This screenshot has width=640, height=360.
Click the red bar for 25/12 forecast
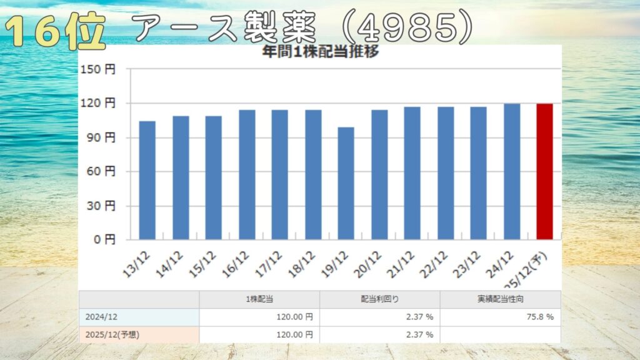pyautogui.click(x=544, y=171)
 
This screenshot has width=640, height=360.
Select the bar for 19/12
pyautogui.click(x=346, y=182)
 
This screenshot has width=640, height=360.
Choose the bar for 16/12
pyautogui.click(x=246, y=174)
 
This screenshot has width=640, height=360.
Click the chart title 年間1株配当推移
pyautogui.click(x=321, y=52)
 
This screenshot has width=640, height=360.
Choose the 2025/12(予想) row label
pyautogui.click(x=113, y=335)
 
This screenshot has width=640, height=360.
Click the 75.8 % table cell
pyautogui.click(x=537, y=317)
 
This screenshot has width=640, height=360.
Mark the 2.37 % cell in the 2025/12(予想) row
pyautogui.click(x=419, y=335)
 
